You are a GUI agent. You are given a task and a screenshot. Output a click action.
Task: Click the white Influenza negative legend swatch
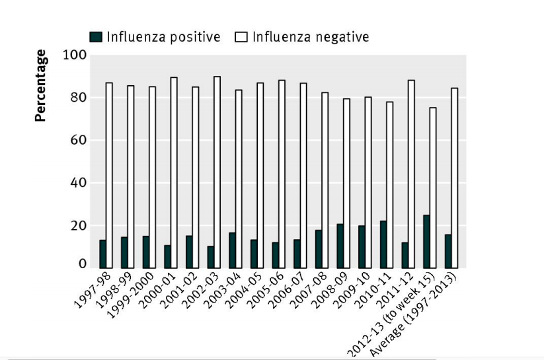(x=241, y=37)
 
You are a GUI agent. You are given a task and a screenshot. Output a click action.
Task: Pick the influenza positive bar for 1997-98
(x=103, y=254)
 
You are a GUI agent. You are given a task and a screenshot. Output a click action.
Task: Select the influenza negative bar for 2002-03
(x=217, y=172)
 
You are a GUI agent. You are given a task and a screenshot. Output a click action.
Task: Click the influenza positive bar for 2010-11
(x=383, y=244)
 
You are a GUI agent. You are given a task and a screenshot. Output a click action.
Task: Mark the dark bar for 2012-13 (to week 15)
(x=426, y=241)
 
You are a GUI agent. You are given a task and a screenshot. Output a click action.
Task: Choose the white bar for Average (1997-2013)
(x=454, y=178)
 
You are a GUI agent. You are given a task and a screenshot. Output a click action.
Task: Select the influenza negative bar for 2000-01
(x=174, y=172)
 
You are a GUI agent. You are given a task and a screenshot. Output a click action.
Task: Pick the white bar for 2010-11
(x=389, y=185)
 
